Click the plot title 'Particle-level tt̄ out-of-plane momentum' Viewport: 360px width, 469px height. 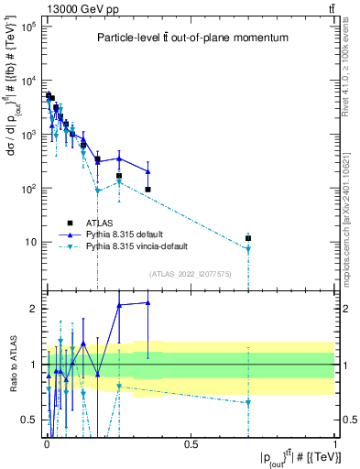pos(193,38)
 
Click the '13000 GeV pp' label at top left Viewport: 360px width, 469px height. pos(71,8)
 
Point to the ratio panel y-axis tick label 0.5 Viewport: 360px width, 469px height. pos(28,420)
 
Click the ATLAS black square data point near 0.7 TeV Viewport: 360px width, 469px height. pos(248,238)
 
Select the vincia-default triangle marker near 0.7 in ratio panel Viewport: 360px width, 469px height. pos(248,403)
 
